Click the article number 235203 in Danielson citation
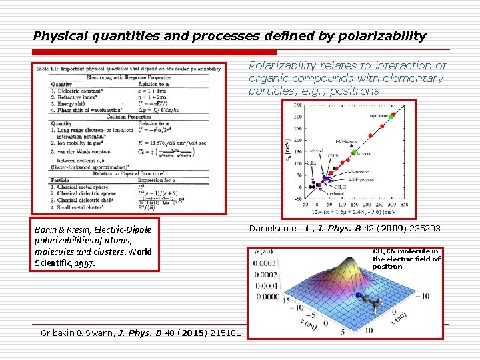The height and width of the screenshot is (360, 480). pos(422,229)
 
